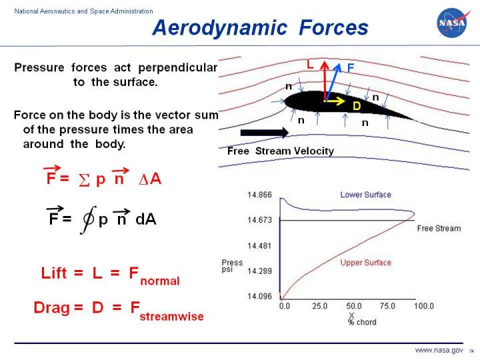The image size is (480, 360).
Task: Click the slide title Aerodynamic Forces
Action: tap(260, 27)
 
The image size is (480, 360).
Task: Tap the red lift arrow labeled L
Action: tap(325, 79)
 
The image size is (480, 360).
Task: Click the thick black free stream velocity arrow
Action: tap(264, 133)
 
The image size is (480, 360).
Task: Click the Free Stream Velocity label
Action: tap(280, 151)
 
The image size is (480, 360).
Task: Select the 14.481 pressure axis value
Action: tap(259, 246)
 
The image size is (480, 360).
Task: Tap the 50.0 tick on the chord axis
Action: tap(354, 306)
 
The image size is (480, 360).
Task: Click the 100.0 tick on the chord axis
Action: tap(423, 306)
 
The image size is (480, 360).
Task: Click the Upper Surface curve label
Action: tap(365, 263)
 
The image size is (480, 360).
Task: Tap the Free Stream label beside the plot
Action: tap(439, 229)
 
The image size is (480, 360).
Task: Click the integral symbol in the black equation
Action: tap(85, 219)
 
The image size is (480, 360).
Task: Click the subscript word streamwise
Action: tap(172, 315)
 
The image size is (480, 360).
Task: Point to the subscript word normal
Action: tap(161, 281)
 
